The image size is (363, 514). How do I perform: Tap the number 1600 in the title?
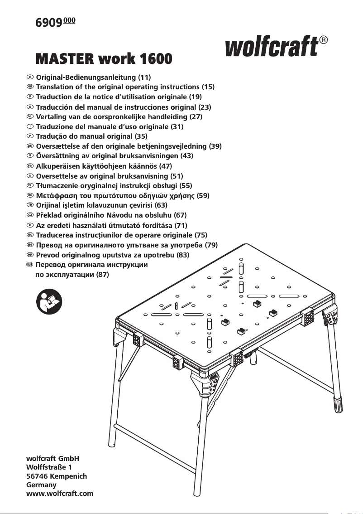156,58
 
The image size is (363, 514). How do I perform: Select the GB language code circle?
30,86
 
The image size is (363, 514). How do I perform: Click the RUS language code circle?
30,264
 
